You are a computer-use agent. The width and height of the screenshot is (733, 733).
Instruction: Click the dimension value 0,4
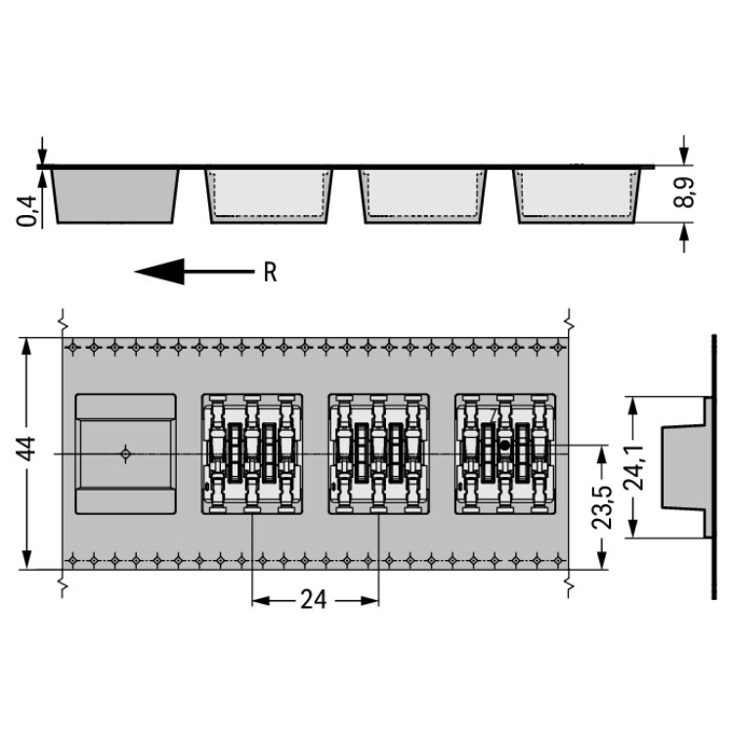tap(27, 211)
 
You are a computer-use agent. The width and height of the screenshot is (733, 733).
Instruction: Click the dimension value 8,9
tap(684, 193)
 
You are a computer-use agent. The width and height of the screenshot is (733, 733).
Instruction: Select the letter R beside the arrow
tap(270, 272)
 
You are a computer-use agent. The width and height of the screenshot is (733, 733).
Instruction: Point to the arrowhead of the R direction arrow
tap(159, 271)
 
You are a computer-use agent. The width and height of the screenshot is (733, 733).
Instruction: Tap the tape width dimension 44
tap(26, 449)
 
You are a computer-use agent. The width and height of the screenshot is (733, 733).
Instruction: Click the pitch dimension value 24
tap(313, 600)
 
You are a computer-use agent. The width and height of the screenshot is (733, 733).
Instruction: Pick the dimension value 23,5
tap(602, 507)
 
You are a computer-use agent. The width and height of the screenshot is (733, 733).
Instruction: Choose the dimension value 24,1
tap(634, 467)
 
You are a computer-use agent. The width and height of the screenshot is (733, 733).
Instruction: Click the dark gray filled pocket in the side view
tap(114, 195)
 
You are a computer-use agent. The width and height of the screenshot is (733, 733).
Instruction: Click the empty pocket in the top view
tap(126, 453)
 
